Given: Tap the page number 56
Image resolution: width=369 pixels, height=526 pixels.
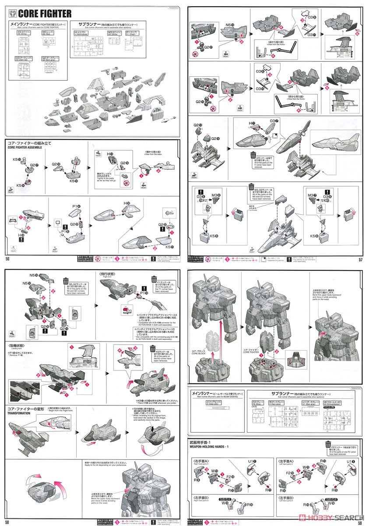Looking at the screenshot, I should [x=7, y=258].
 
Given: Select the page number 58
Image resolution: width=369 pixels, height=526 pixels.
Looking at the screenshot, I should [x=7, y=522].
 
